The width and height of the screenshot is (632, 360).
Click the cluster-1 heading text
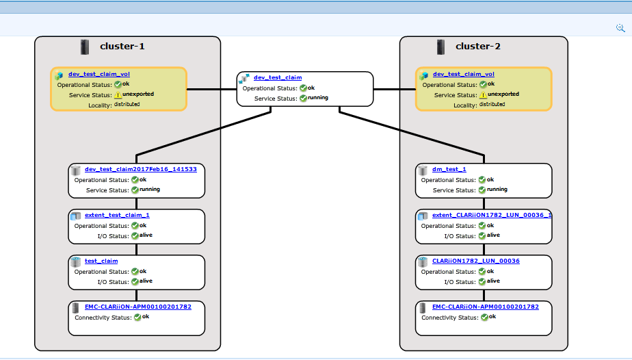coord(122,47)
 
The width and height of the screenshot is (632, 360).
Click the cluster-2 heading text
coord(477,47)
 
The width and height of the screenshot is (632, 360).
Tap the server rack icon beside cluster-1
coord(85,47)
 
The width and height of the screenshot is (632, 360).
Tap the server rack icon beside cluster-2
coord(441,47)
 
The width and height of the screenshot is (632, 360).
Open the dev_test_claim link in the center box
coord(277,77)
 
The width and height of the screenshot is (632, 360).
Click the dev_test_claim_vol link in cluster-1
coord(98,74)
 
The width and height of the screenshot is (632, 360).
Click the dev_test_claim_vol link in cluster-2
coord(463,74)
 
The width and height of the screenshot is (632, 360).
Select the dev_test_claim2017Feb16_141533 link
coord(140,169)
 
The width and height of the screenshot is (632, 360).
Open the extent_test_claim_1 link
coord(117,215)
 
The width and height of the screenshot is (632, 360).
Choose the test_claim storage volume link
coord(101,261)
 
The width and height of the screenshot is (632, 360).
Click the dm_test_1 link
coord(449,169)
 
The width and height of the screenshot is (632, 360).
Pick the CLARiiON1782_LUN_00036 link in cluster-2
coord(475,261)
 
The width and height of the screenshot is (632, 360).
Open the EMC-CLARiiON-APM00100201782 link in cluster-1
coord(137,307)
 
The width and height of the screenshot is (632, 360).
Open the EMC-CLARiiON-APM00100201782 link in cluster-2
coord(485,307)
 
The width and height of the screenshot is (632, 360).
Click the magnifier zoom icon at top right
coord(620,28)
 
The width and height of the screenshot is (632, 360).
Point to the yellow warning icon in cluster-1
coord(118,95)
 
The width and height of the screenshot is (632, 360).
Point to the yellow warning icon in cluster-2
coord(483,95)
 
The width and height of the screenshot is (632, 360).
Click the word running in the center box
coord(317,98)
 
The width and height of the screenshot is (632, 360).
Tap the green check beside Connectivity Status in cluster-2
coord(484,318)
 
